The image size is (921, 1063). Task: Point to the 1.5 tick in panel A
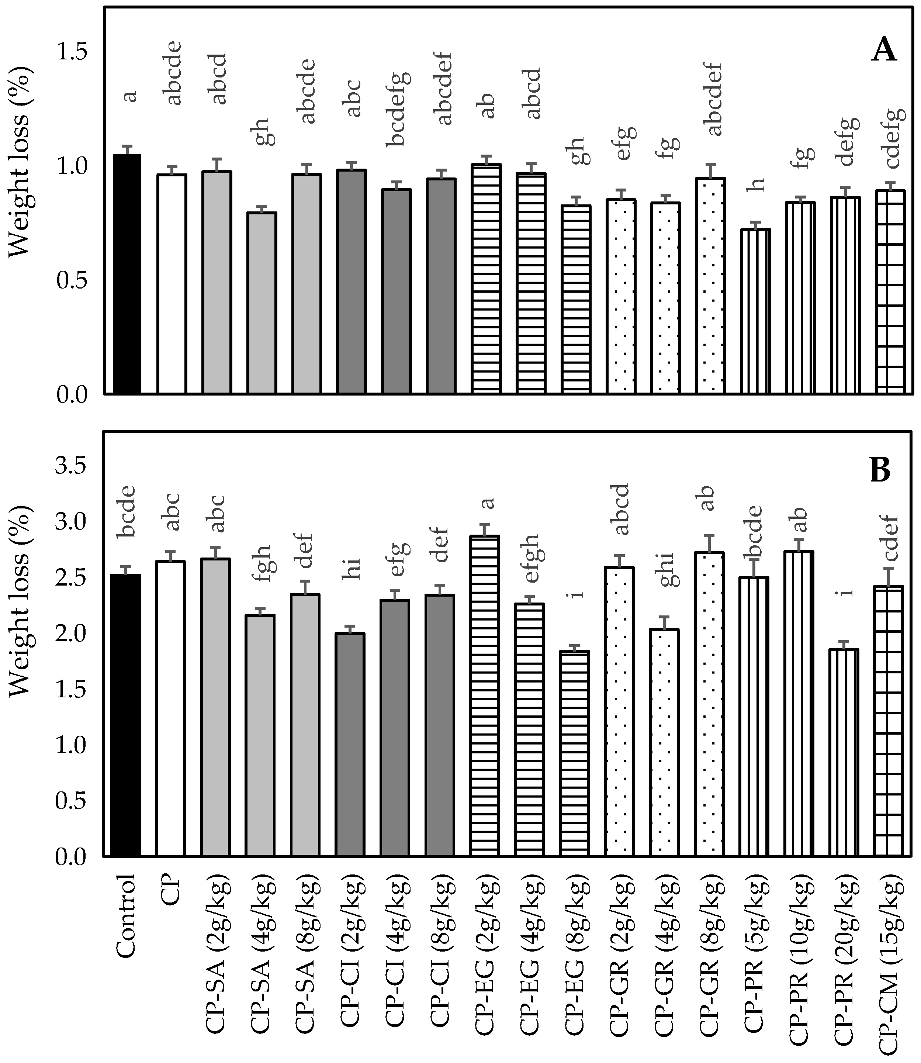point(72,52)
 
